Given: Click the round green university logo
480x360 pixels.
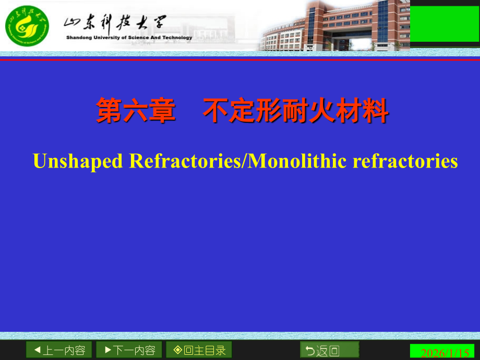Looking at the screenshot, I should pyautogui.click(x=27, y=26).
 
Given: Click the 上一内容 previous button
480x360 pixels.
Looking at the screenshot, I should pyautogui.click(x=59, y=350).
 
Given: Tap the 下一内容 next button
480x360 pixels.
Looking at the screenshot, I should pyautogui.click(x=129, y=350).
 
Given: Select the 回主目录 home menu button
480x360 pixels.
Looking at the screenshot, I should pyautogui.click(x=199, y=350).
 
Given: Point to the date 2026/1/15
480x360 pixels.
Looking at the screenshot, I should pyautogui.click(x=445, y=353).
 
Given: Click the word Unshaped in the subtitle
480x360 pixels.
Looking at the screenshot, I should pyautogui.click(x=78, y=161).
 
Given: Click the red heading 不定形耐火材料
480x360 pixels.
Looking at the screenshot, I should pyautogui.click(x=296, y=112).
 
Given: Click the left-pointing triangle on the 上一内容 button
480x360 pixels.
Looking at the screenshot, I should pyautogui.click(x=37, y=350).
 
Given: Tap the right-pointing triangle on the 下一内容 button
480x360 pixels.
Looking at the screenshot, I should pyautogui.click(x=107, y=350).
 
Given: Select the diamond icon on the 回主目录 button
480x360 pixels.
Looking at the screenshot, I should pyautogui.click(x=178, y=350).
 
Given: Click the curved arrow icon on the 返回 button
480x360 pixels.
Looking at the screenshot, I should pyautogui.click(x=310, y=351).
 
